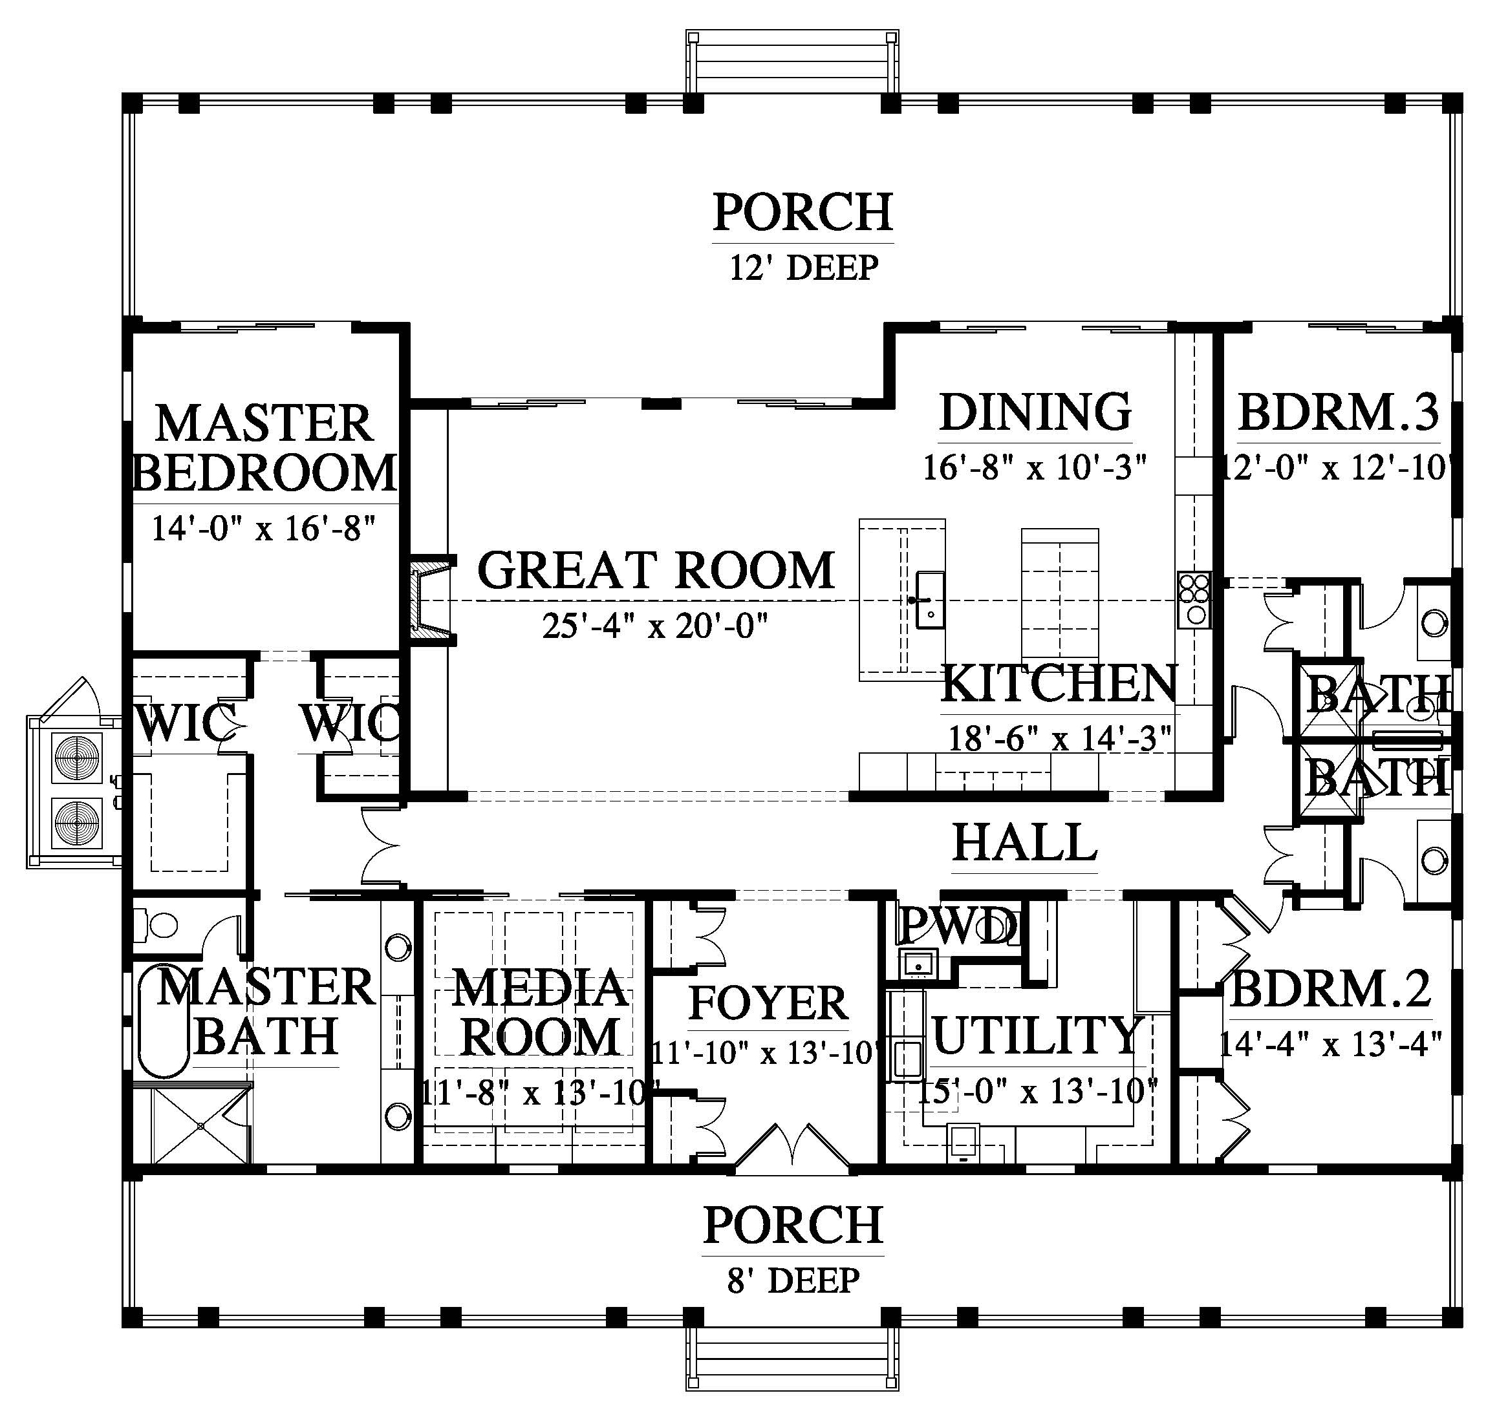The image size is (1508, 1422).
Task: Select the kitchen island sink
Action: pos(930,600)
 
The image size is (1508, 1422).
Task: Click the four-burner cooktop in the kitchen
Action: pos(1194,600)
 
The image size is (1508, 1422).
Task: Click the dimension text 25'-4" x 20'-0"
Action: pos(656,626)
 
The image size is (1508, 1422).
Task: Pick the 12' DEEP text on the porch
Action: pos(804,268)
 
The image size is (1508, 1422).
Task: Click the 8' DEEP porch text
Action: pos(793,1281)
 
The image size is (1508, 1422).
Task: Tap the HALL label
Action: pos(1025,842)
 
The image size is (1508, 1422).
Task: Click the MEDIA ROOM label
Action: pos(540,1012)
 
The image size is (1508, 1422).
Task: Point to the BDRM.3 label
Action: pos(1339,412)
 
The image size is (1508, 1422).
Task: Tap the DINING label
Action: pos(1035,412)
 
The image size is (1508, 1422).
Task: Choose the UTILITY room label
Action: pos(1038,1036)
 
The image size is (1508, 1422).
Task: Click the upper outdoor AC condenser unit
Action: pos(76,758)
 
